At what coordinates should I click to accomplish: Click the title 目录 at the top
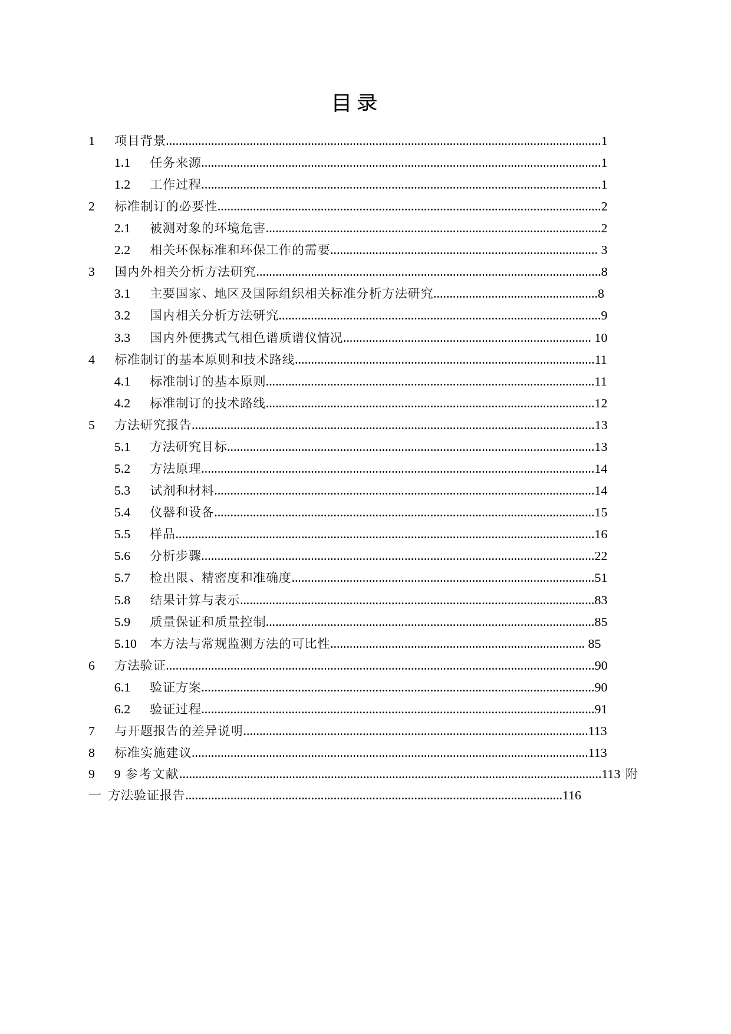(x=354, y=103)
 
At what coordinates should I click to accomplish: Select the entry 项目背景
(x=140, y=141)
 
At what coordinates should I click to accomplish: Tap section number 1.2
(x=122, y=185)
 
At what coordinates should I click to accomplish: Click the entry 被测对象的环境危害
(x=208, y=228)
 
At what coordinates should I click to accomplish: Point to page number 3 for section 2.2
(x=604, y=250)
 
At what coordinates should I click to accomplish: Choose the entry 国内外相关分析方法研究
(x=185, y=272)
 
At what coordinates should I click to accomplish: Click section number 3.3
(x=122, y=338)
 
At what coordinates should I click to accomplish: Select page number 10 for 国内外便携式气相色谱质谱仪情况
(x=600, y=338)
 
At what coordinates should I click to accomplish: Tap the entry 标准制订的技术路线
(x=208, y=403)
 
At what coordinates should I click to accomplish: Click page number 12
(x=601, y=403)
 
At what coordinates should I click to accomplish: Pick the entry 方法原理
(x=176, y=469)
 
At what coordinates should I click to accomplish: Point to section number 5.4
(x=122, y=512)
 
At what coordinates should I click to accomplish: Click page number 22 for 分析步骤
(x=601, y=556)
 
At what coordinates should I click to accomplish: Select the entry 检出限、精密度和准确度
(x=221, y=578)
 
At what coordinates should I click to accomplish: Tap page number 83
(x=601, y=600)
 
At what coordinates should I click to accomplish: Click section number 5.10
(x=125, y=644)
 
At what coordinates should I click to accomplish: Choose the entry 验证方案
(x=176, y=687)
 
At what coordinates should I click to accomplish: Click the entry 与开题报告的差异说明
(x=179, y=731)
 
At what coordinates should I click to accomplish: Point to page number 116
(x=572, y=796)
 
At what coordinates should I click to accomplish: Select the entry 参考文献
(x=152, y=774)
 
